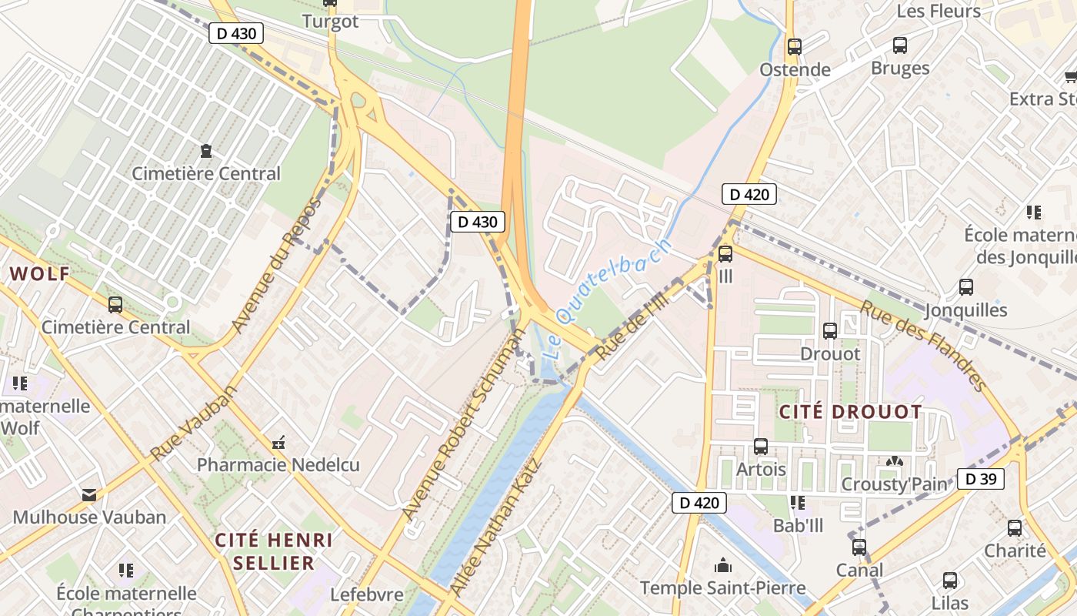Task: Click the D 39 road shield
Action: coord(981,479)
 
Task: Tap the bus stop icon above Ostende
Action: coord(795,47)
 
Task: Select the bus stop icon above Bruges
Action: coord(900,45)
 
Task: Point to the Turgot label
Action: coord(330,22)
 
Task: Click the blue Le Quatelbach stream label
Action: coord(607,300)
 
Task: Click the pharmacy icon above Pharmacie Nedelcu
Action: coord(278,444)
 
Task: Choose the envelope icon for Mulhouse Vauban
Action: coord(89,495)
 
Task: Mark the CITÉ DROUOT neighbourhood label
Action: coord(850,412)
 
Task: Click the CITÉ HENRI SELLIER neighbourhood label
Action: coord(274,551)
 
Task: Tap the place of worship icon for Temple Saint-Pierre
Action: coord(722,566)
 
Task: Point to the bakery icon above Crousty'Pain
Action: coord(893,462)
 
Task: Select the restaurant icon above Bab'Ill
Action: coord(798,503)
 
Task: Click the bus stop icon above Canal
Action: coord(859,547)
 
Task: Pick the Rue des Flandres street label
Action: coord(923,344)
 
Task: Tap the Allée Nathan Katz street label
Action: coord(495,527)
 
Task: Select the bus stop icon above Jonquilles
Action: coord(966,287)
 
